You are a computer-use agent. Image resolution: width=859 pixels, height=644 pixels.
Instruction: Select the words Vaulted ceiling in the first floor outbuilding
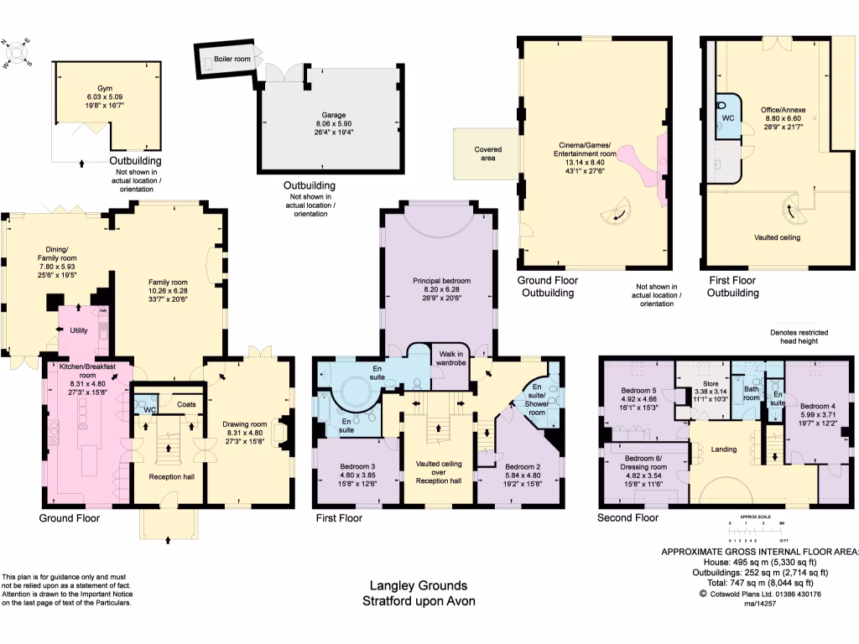(777, 237)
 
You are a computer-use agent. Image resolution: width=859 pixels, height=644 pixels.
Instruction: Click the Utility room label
(79, 331)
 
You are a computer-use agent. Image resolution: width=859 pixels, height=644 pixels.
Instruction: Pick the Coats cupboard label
(186, 402)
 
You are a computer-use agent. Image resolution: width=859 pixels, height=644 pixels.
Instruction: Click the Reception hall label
(171, 477)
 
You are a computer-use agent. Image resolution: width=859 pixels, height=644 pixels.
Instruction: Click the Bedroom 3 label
(357, 466)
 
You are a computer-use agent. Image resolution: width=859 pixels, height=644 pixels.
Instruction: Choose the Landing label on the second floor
(723, 449)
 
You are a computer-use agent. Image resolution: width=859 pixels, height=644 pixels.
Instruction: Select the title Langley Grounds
(419, 586)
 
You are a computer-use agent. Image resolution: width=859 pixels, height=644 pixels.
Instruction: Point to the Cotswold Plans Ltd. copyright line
(760, 594)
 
